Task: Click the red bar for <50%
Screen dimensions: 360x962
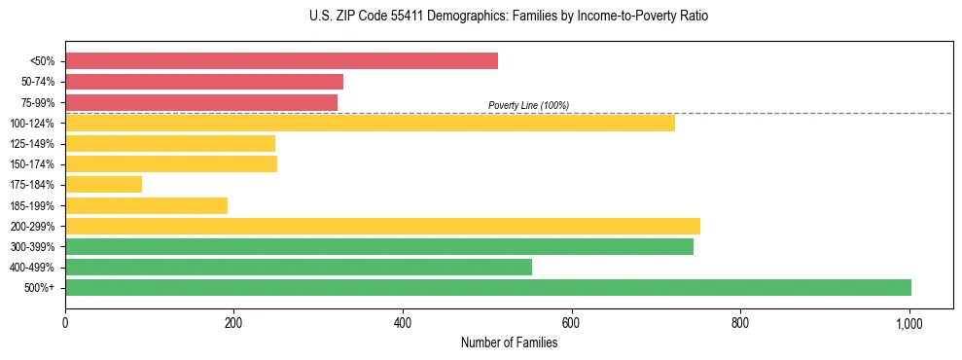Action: [x=281, y=61]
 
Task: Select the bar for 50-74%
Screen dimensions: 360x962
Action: [x=204, y=82]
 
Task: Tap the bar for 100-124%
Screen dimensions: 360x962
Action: [x=370, y=123]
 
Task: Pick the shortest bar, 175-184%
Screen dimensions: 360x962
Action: [x=103, y=184]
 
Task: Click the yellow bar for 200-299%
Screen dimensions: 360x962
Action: [x=382, y=226]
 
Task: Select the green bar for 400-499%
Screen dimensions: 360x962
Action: [x=299, y=267]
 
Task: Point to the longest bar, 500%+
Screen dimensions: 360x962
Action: [x=488, y=287]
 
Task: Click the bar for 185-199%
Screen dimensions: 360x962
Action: [x=146, y=205]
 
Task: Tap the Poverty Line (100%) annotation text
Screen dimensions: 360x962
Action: [x=528, y=105]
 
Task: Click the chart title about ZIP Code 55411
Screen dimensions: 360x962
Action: [x=481, y=17]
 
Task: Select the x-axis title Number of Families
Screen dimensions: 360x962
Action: [x=509, y=342]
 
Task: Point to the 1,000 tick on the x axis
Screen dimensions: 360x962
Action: [x=909, y=322]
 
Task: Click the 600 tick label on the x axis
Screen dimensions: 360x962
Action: [x=572, y=322]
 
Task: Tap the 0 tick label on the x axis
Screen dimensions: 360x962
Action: [x=65, y=322]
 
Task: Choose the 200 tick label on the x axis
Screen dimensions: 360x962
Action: [x=233, y=322]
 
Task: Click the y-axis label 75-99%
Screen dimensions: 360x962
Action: [x=38, y=102]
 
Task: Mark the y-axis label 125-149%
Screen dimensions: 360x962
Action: [x=32, y=144]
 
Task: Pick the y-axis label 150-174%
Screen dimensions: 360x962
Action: [x=32, y=164]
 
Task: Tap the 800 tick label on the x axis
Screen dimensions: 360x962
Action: [x=740, y=322]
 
